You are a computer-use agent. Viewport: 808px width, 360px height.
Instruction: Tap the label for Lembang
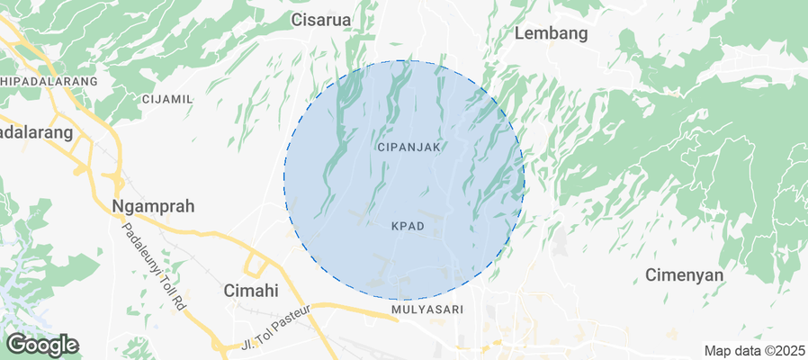pos(551,34)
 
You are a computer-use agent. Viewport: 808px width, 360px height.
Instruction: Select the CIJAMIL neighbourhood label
pos(167,99)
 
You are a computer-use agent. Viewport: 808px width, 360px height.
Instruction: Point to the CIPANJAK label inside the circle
pos(409,147)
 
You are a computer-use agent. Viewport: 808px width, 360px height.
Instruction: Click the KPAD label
pos(408,225)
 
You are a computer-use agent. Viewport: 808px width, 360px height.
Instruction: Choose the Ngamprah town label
pos(153,206)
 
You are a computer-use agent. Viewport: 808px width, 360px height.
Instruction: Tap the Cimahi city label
pos(250,291)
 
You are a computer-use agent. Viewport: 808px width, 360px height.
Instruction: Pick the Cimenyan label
pos(685,274)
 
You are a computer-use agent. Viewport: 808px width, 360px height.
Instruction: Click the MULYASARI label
pos(427,310)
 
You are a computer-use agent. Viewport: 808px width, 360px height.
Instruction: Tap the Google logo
pos(41,345)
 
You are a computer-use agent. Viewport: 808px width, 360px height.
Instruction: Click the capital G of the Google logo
pos(15,344)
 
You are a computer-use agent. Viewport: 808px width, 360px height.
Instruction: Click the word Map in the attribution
pos(718,351)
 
